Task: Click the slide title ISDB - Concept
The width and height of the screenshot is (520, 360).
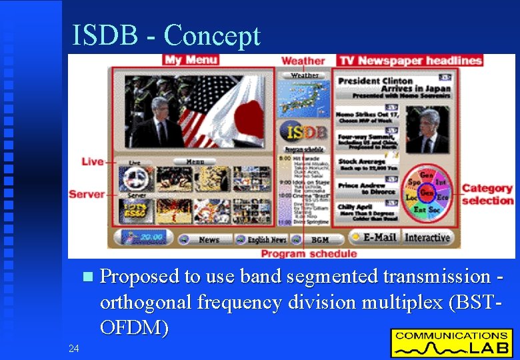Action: tap(166, 35)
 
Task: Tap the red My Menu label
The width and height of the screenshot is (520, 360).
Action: tap(191, 60)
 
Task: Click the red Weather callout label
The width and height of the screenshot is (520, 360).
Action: tap(303, 61)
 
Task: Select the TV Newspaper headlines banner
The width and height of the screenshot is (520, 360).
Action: tap(410, 61)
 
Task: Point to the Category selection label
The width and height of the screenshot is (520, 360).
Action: tap(487, 195)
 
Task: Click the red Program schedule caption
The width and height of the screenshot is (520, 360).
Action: tap(309, 253)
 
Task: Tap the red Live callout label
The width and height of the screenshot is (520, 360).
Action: tap(93, 161)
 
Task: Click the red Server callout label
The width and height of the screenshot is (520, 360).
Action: tap(87, 194)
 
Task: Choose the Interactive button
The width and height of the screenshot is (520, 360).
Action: tap(427, 237)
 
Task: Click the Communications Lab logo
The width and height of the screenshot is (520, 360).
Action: tap(451, 342)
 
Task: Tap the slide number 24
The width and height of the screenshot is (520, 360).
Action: tap(74, 347)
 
